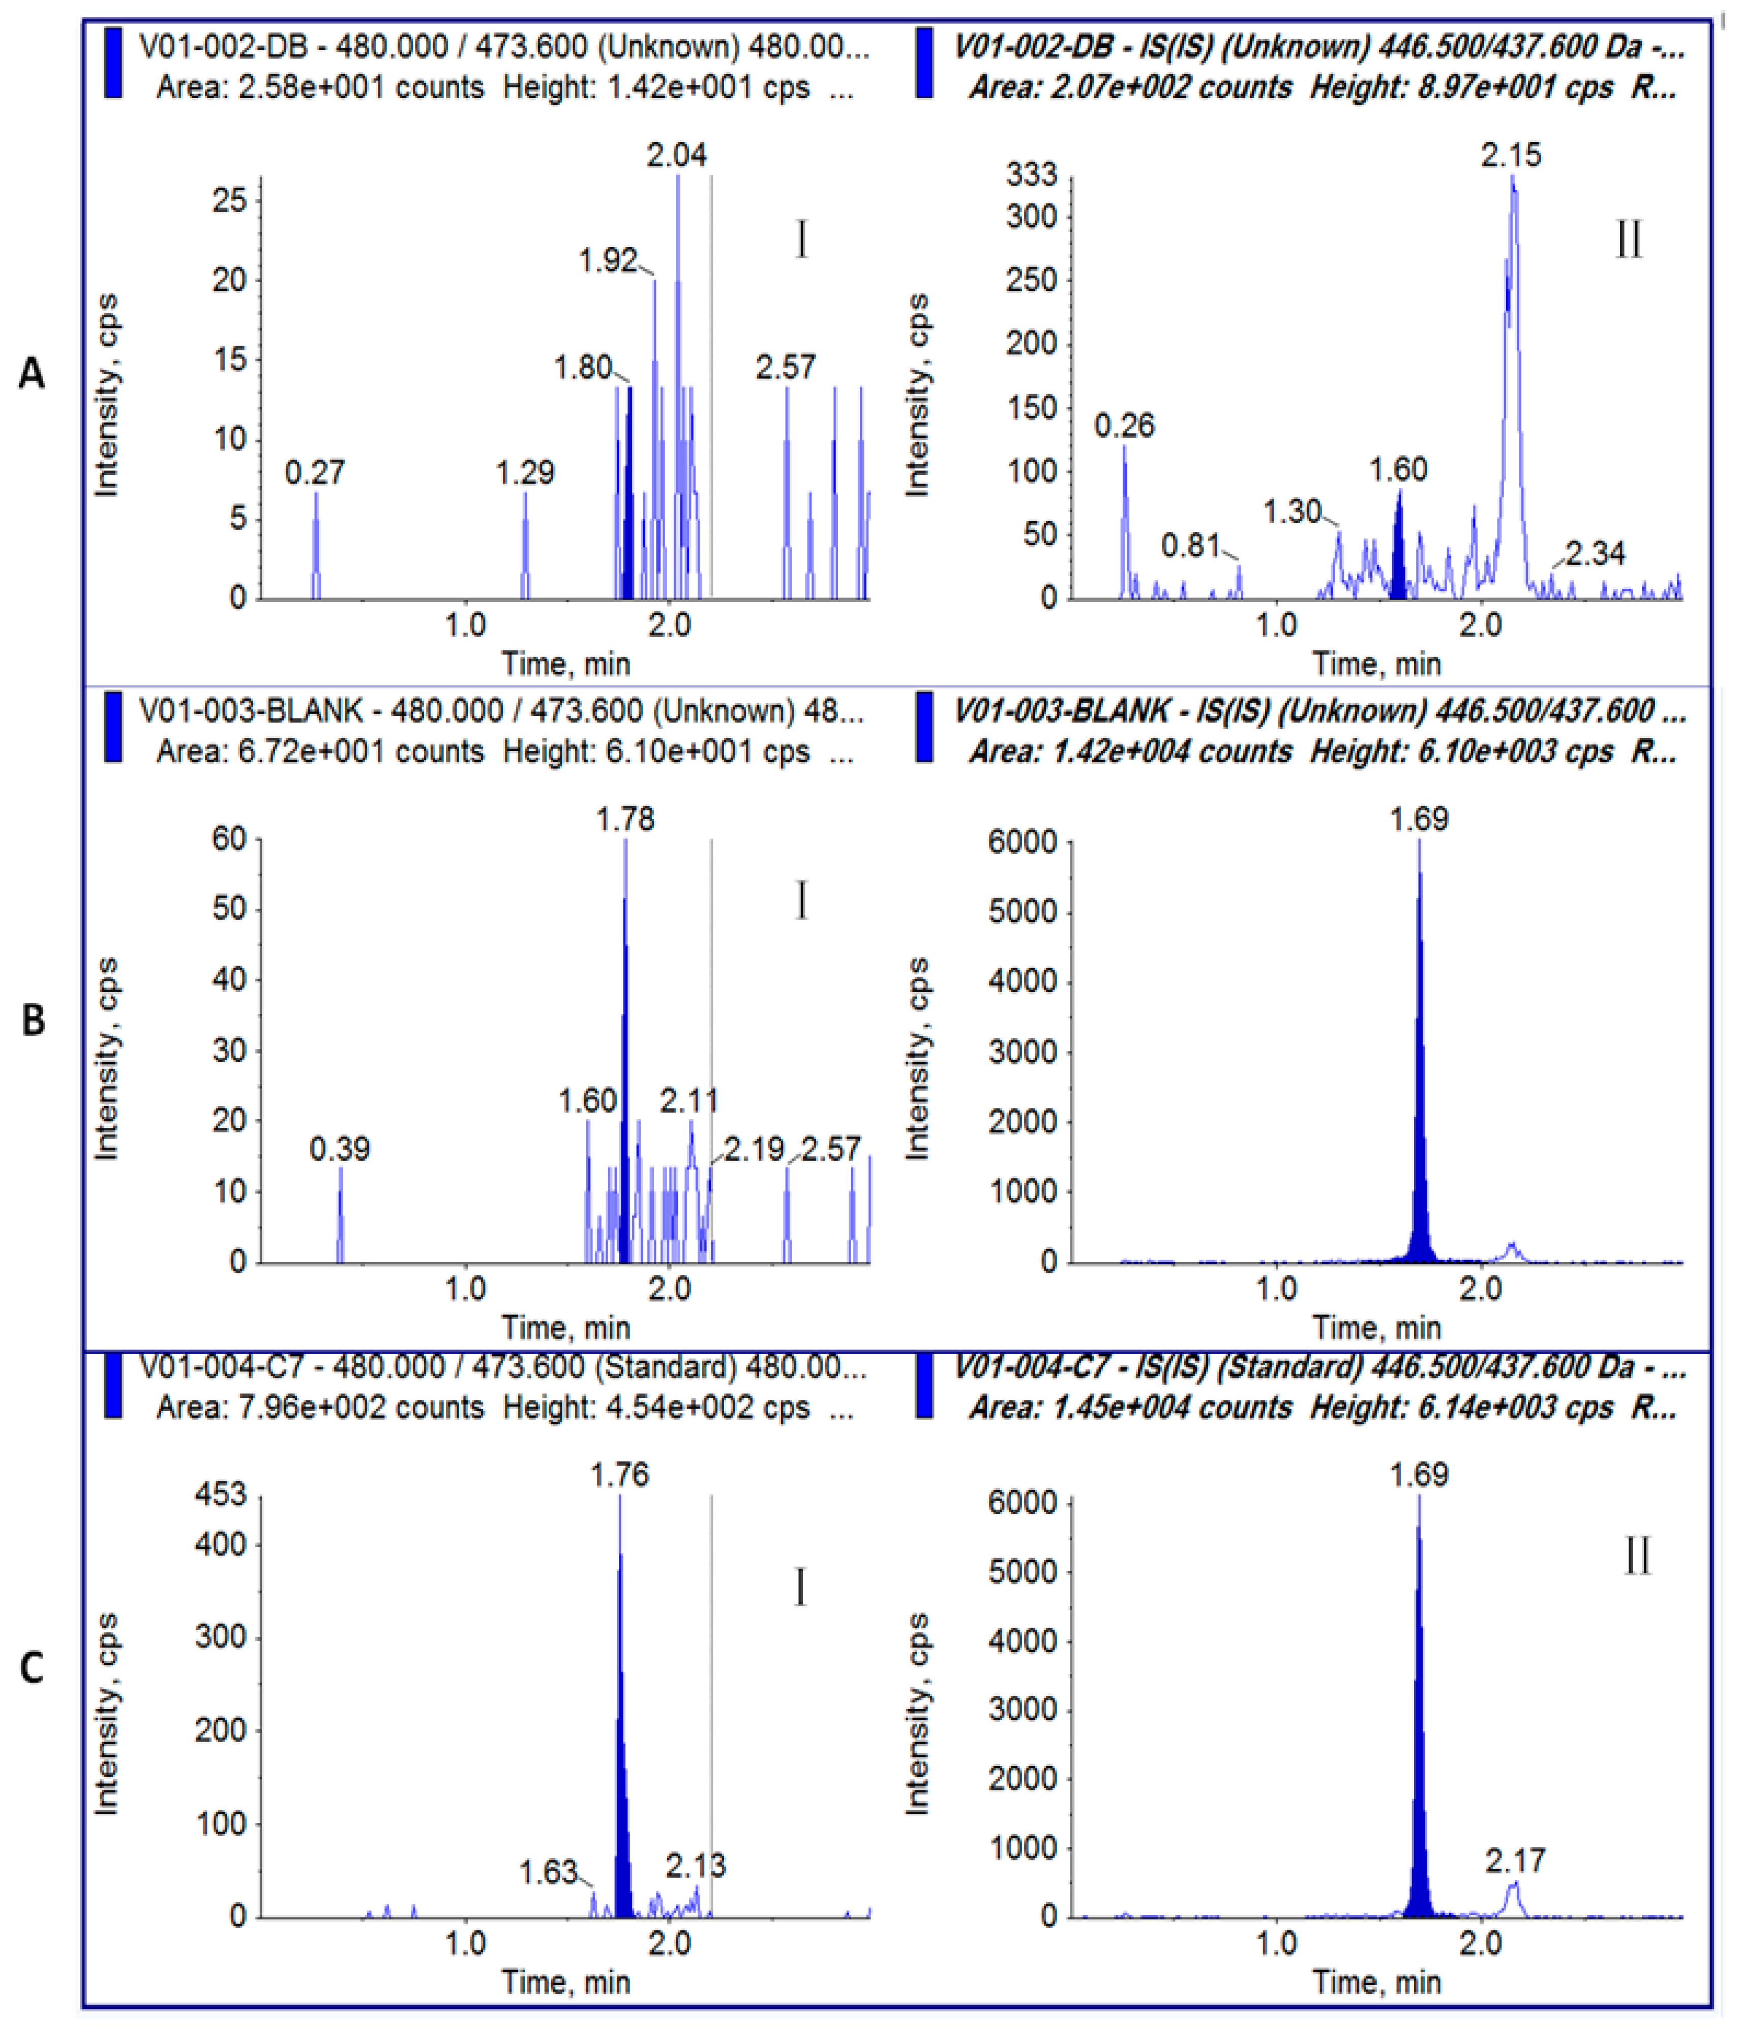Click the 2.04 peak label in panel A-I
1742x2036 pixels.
(676, 155)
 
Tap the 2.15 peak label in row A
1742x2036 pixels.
(1511, 155)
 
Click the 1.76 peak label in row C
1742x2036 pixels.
(620, 1475)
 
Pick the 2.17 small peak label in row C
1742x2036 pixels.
(1515, 1860)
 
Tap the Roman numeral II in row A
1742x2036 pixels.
(1628, 240)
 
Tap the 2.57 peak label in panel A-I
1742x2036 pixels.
(785, 368)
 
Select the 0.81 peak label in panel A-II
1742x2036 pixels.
(1190, 545)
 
